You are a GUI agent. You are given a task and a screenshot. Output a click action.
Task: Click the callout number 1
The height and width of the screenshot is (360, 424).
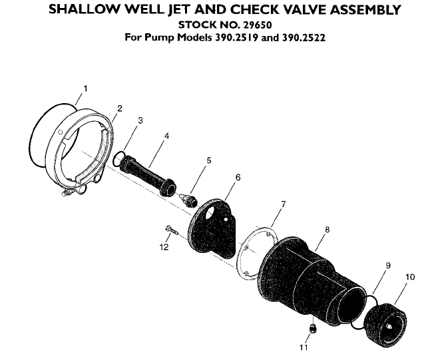(x=85, y=88)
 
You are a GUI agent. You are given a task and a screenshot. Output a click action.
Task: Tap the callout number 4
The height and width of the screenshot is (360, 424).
(x=166, y=135)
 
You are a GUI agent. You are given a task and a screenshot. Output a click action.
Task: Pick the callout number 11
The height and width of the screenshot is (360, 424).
(x=304, y=347)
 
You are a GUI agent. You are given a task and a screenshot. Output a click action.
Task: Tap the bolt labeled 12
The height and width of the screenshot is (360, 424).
(x=170, y=230)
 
